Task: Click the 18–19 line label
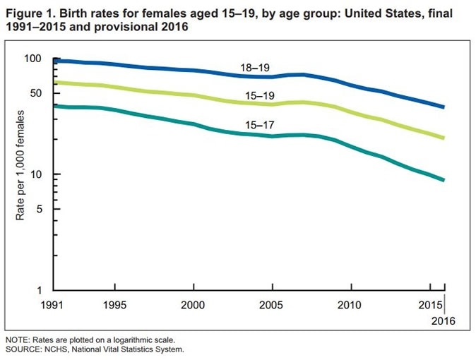pos(255,68)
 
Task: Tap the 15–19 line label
pos(260,95)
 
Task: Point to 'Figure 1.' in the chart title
pos(28,13)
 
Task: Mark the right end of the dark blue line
pos(444,107)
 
